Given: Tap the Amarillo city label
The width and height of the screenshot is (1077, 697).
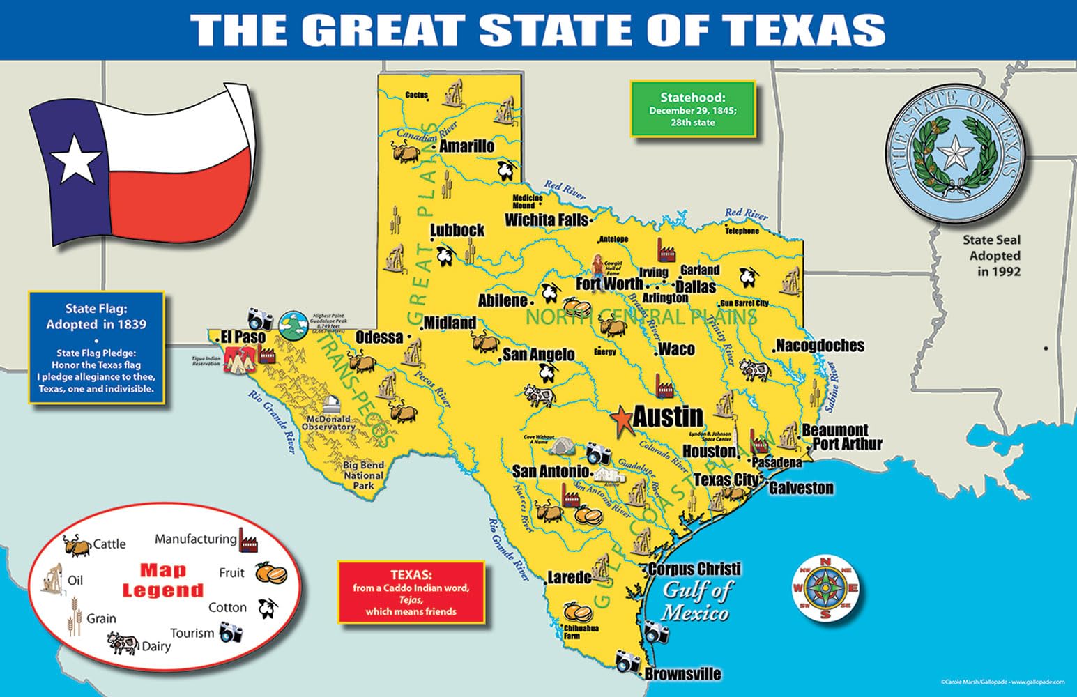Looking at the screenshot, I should tap(466, 146).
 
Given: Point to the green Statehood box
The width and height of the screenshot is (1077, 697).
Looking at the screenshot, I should tap(693, 109).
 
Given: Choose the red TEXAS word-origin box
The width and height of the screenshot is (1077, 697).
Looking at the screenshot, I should tap(411, 592).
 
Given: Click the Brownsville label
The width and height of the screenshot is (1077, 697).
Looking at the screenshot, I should tap(682, 674).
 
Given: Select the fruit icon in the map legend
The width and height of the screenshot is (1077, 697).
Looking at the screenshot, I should tap(270, 573).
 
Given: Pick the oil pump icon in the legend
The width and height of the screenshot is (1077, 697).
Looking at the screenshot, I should tap(52, 579).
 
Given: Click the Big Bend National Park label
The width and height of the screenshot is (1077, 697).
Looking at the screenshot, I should tap(363, 475).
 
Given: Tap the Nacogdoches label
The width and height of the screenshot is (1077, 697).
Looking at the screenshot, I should tap(820, 346).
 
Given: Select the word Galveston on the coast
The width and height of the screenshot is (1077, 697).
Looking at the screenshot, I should tap(801, 488).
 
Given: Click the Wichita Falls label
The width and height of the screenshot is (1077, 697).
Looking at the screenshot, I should tap(547, 220).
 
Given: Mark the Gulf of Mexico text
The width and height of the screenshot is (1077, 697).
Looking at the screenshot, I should tap(696, 601).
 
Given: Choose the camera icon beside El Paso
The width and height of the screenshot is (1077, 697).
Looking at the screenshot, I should tap(261, 320).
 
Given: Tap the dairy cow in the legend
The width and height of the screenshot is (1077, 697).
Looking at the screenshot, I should tap(123, 643).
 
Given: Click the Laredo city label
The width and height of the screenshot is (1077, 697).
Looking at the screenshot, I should tap(570, 578).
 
